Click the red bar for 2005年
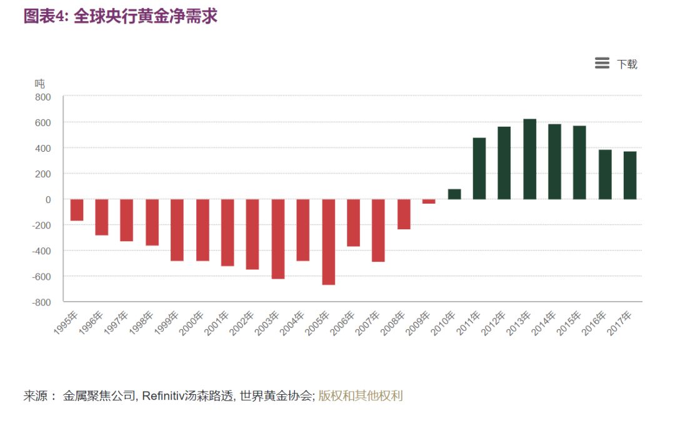point(328,242)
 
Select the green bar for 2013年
point(529,159)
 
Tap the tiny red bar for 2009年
point(429,201)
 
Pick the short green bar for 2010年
point(454,194)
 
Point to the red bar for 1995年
point(77,210)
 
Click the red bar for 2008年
point(404,214)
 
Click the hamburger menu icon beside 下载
point(602,63)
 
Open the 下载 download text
point(627,64)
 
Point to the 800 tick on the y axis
point(42,97)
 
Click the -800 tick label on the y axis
point(41,302)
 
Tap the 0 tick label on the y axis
point(47,199)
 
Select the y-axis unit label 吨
point(39,83)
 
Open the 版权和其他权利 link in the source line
point(361,395)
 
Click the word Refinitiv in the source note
point(164,395)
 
